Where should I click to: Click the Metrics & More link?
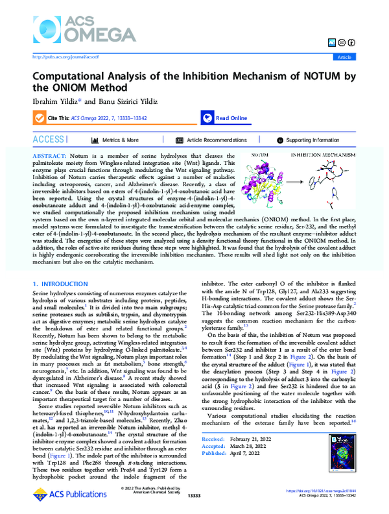[x=119, y=140]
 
